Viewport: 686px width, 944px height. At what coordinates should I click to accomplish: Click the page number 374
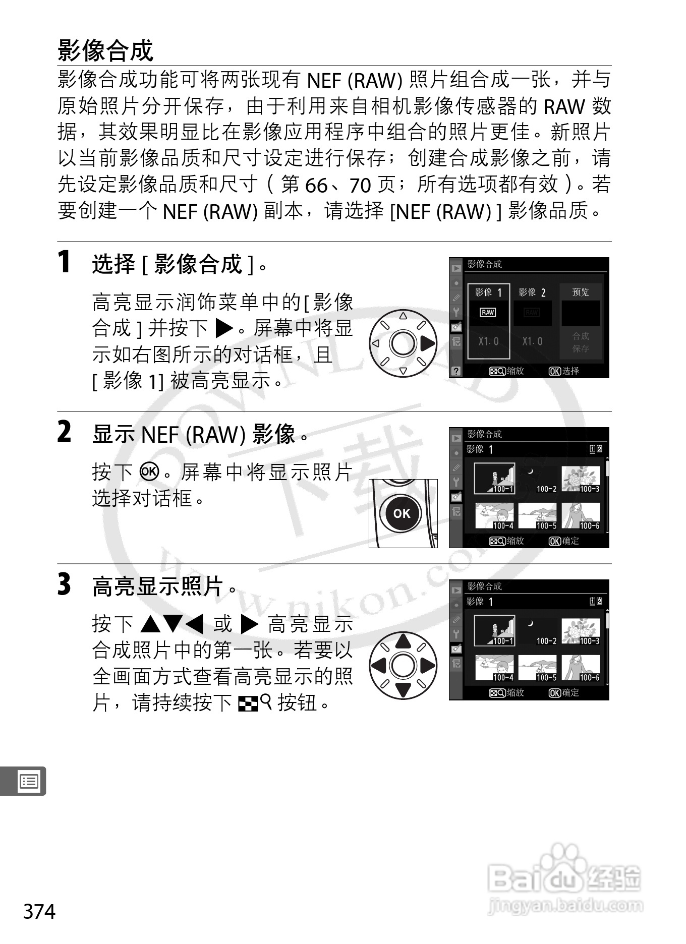(x=39, y=912)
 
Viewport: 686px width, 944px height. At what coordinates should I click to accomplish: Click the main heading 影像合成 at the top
(x=105, y=50)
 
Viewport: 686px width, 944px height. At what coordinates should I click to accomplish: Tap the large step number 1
(x=64, y=262)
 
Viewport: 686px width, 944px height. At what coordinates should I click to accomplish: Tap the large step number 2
(x=64, y=433)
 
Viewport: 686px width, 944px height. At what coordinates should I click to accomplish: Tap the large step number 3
(x=64, y=585)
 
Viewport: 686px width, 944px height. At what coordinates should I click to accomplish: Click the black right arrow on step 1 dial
(x=427, y=343)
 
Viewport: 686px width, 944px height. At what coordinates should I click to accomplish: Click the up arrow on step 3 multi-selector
(x=403, y=641)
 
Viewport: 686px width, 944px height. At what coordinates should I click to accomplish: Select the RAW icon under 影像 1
(x=488, y=313)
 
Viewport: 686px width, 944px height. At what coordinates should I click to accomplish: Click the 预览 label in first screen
(x=581, y=292)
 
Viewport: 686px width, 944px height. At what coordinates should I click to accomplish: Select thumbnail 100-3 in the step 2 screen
(x=581, y=479)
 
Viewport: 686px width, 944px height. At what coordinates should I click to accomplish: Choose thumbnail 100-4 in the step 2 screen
(x=494, y=516)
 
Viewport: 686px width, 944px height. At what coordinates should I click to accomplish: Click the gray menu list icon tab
(x=29, y=782)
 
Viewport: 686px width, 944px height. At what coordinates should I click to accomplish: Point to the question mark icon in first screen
(x=456, y=371)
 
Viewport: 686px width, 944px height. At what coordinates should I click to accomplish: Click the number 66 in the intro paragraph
(x=317, y=186)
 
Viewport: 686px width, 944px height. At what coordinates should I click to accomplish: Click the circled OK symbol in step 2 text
(x=150, y=471)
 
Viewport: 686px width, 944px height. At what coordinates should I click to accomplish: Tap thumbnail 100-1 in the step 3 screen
(x=495, y=630)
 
